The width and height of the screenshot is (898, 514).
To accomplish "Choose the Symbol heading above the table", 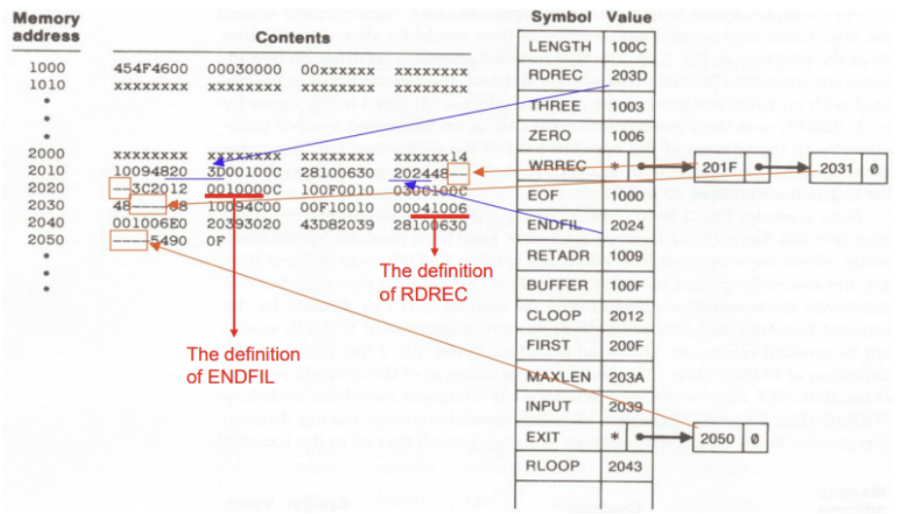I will pos(561,17).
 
